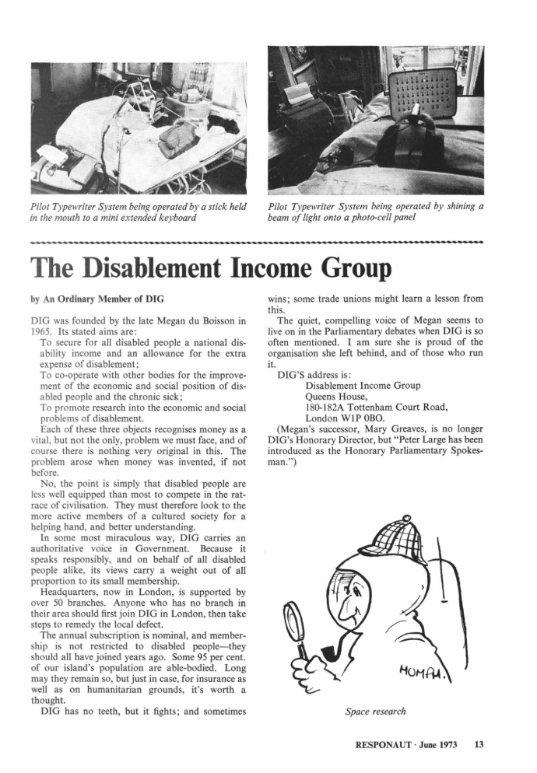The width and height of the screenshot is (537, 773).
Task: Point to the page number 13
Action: (x=479, y=744)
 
